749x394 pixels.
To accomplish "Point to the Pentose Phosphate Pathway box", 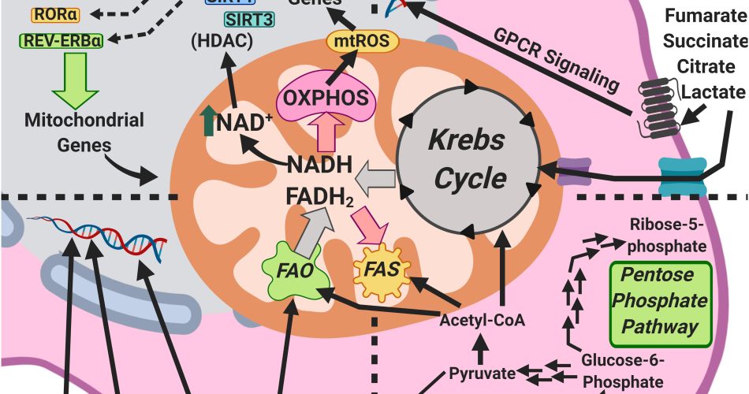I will pyautogui.click(x=661, y=302).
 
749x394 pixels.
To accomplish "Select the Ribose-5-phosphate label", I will pyautogui.click(x=667, y=235).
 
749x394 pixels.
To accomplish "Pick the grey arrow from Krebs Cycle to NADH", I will pyautogui.click(x=374, y=182).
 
